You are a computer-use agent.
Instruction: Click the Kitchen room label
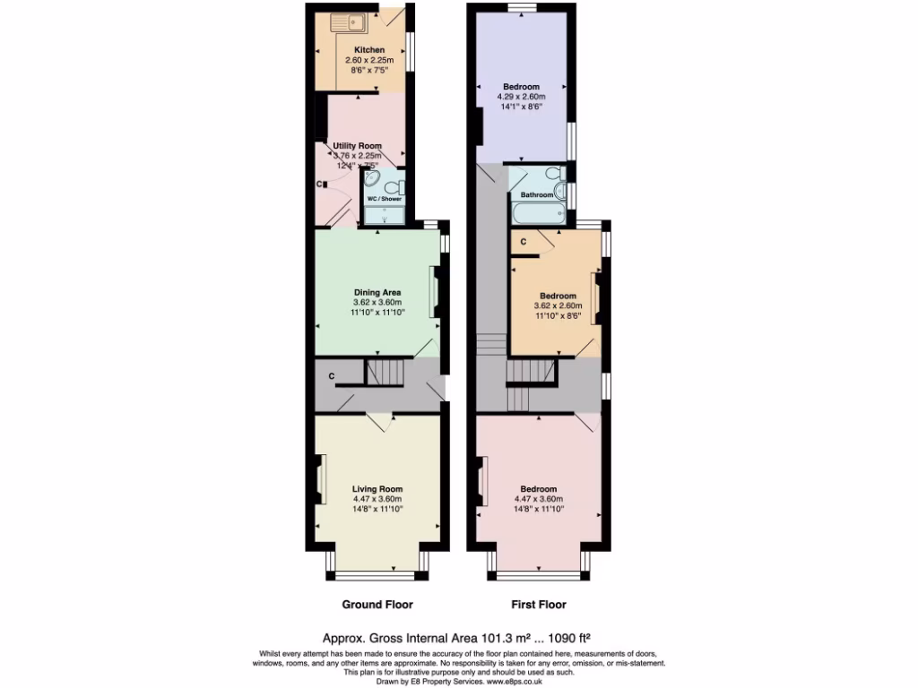[x=369, y=50]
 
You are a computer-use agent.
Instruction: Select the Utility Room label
[x=358, y=146]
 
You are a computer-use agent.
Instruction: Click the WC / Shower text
[x=385, y=199]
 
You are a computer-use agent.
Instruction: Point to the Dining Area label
[x=377, y=292]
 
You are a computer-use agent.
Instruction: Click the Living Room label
[x=377, y=488]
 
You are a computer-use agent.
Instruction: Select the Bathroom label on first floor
[x=537, y=194]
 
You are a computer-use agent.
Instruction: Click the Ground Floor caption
[x=377, y=604]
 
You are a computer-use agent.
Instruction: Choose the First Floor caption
[x=539, y=604]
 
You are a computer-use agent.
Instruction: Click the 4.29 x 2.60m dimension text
[x=521, y=97]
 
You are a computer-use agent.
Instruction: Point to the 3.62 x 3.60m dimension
[x=377, y=303]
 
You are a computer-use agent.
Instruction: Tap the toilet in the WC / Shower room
[x=401, y=187]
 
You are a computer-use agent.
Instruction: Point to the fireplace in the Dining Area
[x=435, y=292]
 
